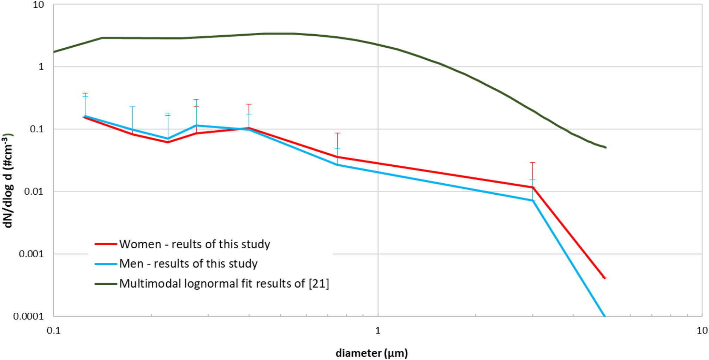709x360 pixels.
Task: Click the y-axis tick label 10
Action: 38,5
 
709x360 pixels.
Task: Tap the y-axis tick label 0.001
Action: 31,254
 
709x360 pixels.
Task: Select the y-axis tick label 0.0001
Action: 29,316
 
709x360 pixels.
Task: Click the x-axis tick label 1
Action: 377,330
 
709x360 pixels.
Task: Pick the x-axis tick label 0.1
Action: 53,330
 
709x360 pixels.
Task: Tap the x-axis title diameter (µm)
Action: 371,353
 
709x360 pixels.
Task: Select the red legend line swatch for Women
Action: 106,244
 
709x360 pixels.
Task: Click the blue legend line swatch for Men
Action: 106,264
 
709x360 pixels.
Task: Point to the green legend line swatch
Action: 106,284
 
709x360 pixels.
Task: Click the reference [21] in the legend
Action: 319,284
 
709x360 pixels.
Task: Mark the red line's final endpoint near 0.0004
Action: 605,278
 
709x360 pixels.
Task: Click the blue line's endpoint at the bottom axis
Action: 604,315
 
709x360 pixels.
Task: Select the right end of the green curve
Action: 606,147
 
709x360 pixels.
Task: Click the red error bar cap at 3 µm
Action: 532,163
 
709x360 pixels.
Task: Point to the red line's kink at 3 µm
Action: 533,188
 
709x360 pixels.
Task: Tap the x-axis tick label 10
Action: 702,330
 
